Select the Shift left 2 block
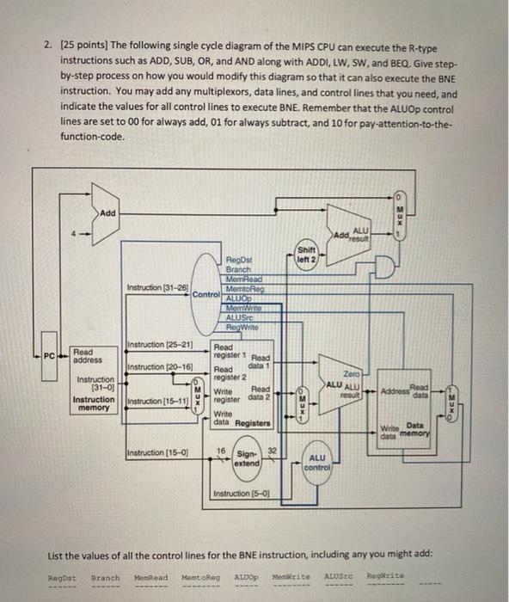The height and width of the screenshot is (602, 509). click(x=306, y=256)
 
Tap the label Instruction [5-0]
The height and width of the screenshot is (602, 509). click(x=241, y=494)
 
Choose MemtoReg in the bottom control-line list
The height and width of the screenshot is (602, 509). click(x=201, y=577)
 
